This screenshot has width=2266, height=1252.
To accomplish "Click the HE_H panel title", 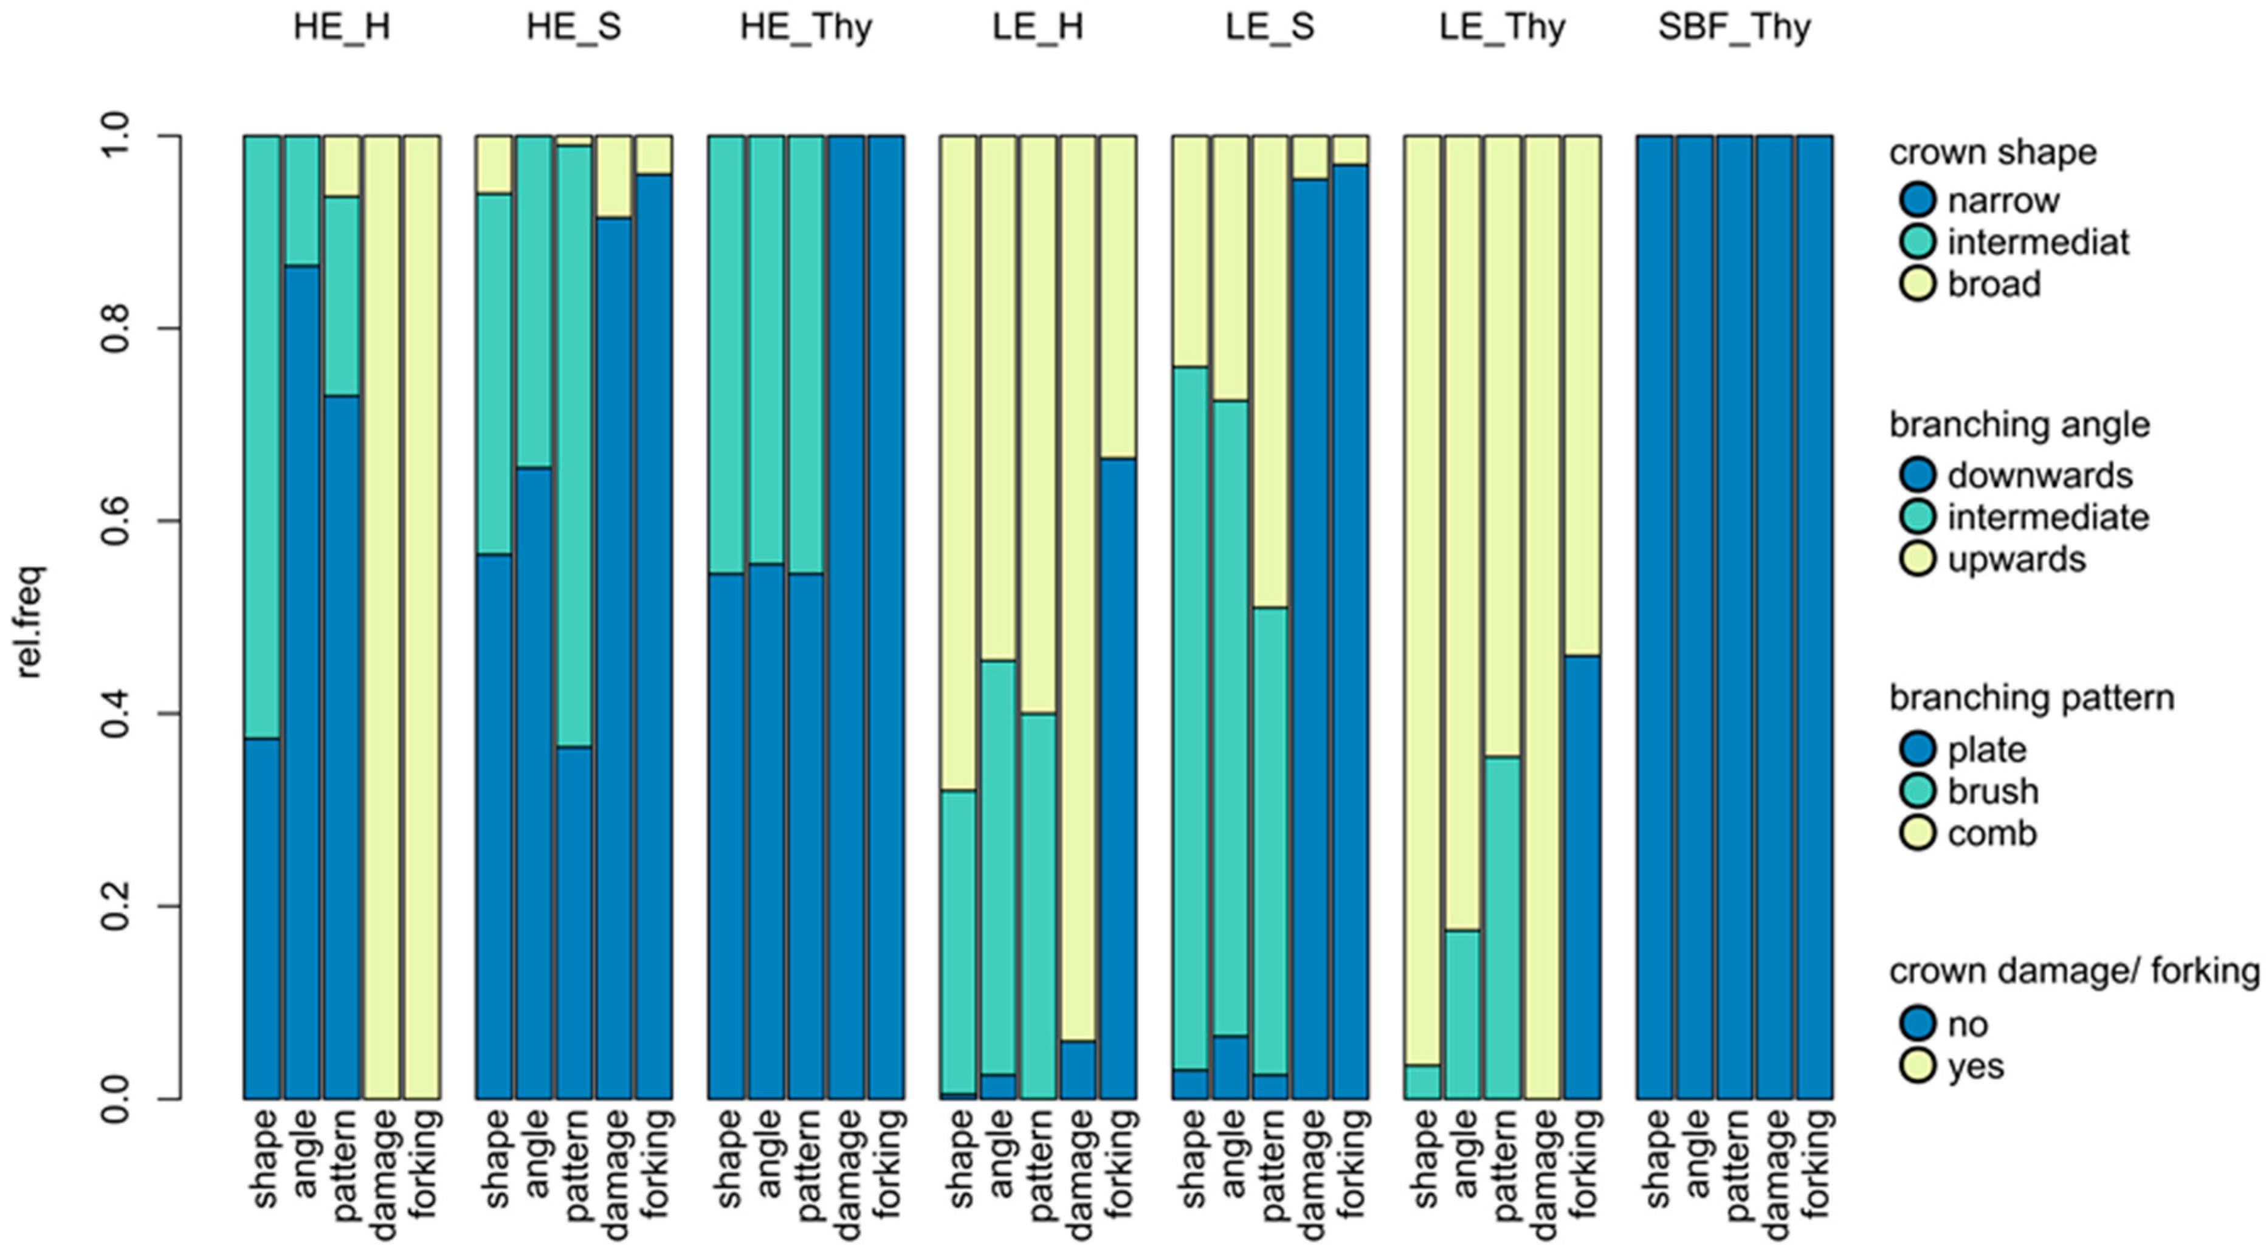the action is click(x=342, y=27).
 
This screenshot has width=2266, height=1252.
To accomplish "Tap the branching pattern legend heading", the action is click(x=2032, y=698).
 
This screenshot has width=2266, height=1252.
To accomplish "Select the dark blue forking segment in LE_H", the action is click(x=1117, y=778).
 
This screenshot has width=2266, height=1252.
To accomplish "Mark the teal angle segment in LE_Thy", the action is click(x=1462, y=1014).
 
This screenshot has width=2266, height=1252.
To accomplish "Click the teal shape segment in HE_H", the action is click(x=262, y=436).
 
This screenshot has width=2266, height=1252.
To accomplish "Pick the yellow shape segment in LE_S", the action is click(x=1190, y=251).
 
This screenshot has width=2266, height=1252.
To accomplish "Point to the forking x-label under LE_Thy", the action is click(x=1583, y=1163).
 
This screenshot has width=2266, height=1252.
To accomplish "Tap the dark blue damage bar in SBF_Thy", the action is click(x=1775, y=617).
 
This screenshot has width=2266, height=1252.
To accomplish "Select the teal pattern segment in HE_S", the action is click(x=574, y=446).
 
